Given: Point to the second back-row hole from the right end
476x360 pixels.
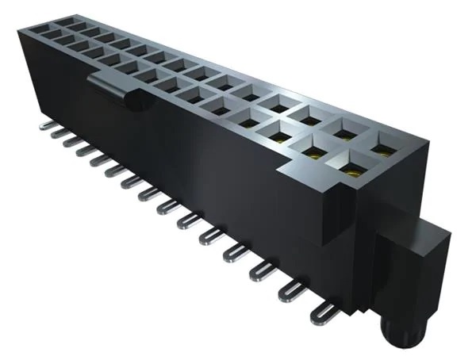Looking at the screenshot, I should click(x=347, y=130).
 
